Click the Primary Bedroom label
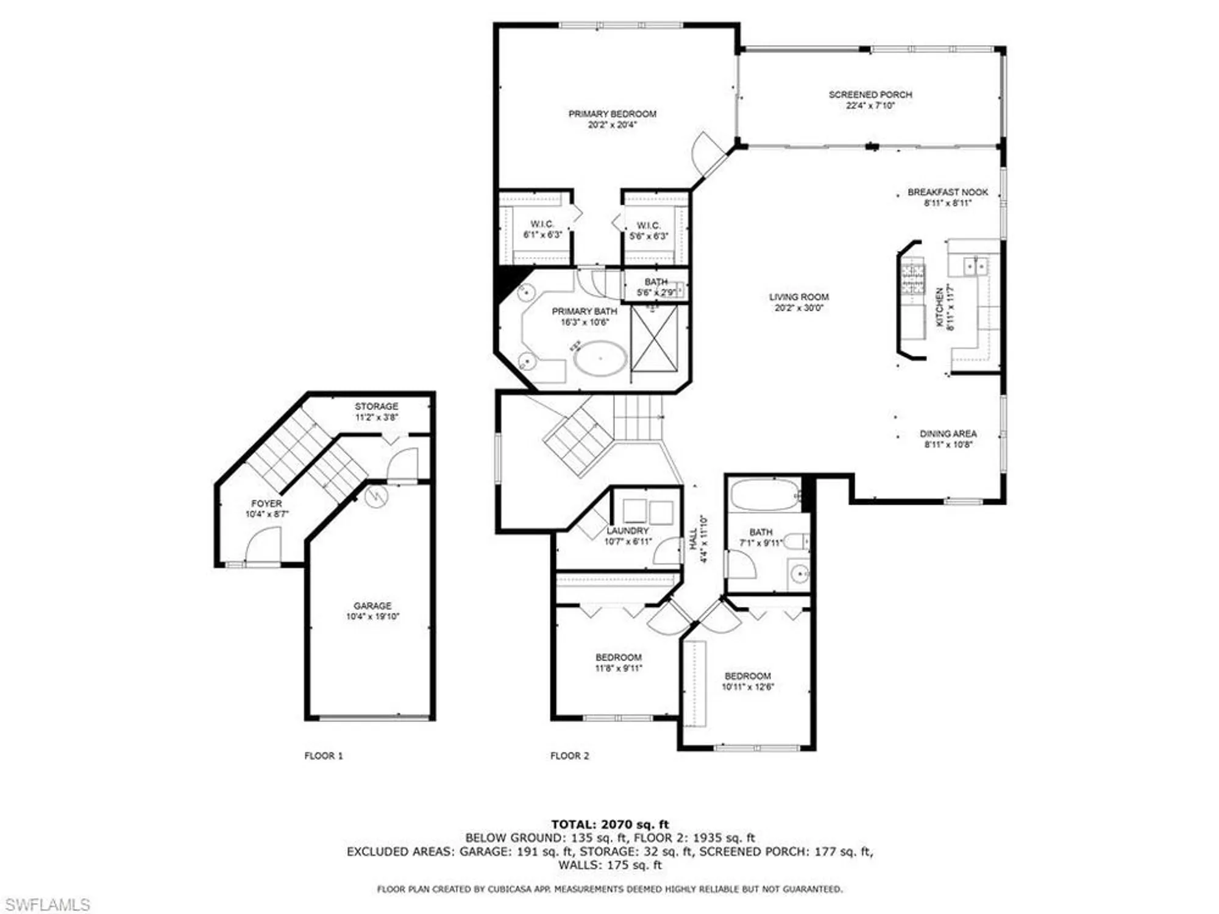pos(612,114)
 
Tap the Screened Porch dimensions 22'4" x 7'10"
pos(870,105)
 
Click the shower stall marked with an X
pos(654,338)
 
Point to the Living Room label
pos(798,297)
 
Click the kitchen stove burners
pos(913,277)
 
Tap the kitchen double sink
pos(975,266)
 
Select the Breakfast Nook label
pos(948,192)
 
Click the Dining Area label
pos(948,434)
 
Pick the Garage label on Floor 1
pos(372,606)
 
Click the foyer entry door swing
pos(263,545)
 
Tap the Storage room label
pos(377,406)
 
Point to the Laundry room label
pos(628,531)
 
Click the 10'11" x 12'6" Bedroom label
pos(747,676)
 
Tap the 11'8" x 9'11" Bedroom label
pos(618,657)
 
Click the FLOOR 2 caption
pos(569,756)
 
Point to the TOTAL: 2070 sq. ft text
pos(609,824)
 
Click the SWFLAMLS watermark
pos(46,905)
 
